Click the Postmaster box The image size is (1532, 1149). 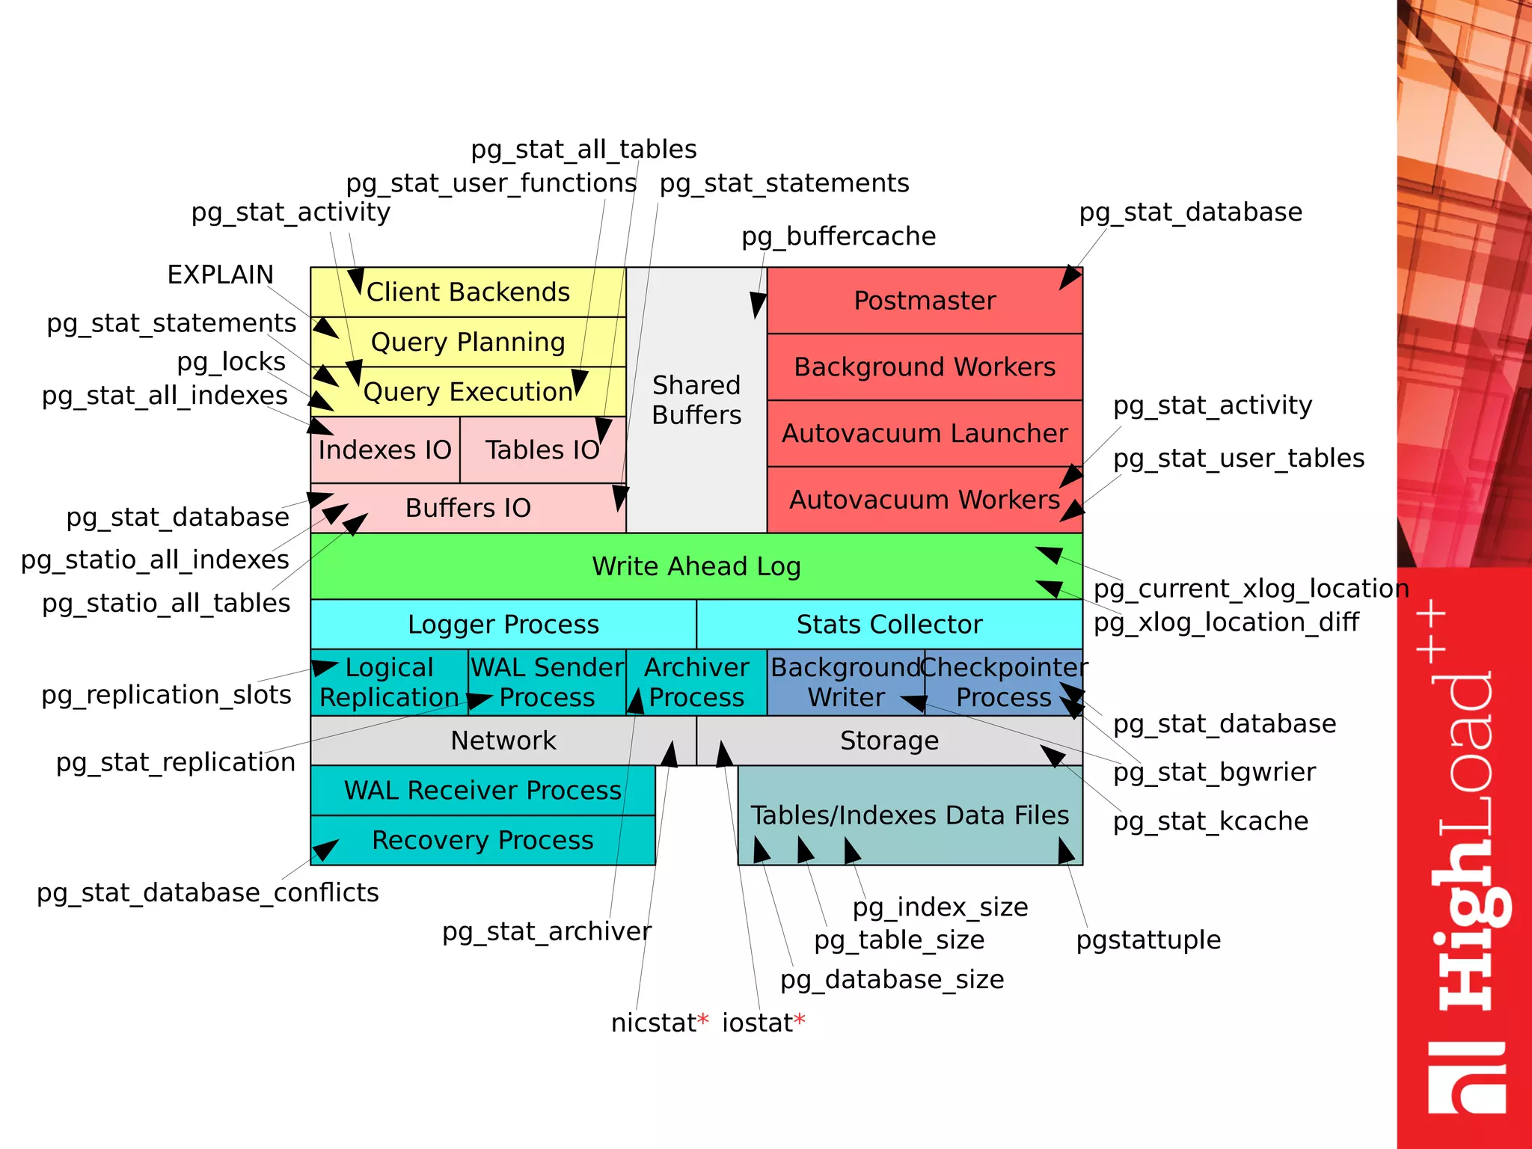point(925,301)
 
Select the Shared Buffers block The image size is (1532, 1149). point(696,400)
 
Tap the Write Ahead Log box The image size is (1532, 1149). point(696,566)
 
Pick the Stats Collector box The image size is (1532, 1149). point(889,624)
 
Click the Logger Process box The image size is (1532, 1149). point(503,624)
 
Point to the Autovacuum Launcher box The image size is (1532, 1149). point(925,433)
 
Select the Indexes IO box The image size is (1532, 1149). point(384,450)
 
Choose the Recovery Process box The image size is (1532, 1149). point(482,840)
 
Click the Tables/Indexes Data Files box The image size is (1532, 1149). point(910,815)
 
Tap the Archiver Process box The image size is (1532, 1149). point(696,682)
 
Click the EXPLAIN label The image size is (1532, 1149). point(220,275)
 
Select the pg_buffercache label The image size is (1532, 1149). point(839,236)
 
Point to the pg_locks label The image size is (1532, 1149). point(231,362)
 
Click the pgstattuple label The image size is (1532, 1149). point(1148,940)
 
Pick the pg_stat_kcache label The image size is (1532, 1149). point(1210,821)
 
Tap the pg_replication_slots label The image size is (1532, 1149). point(166,695)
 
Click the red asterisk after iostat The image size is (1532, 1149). point(800,1020)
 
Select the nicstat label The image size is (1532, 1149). point(653,1023)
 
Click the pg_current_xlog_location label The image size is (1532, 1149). point(1251,589)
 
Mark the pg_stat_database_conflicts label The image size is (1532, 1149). point(208,892)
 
